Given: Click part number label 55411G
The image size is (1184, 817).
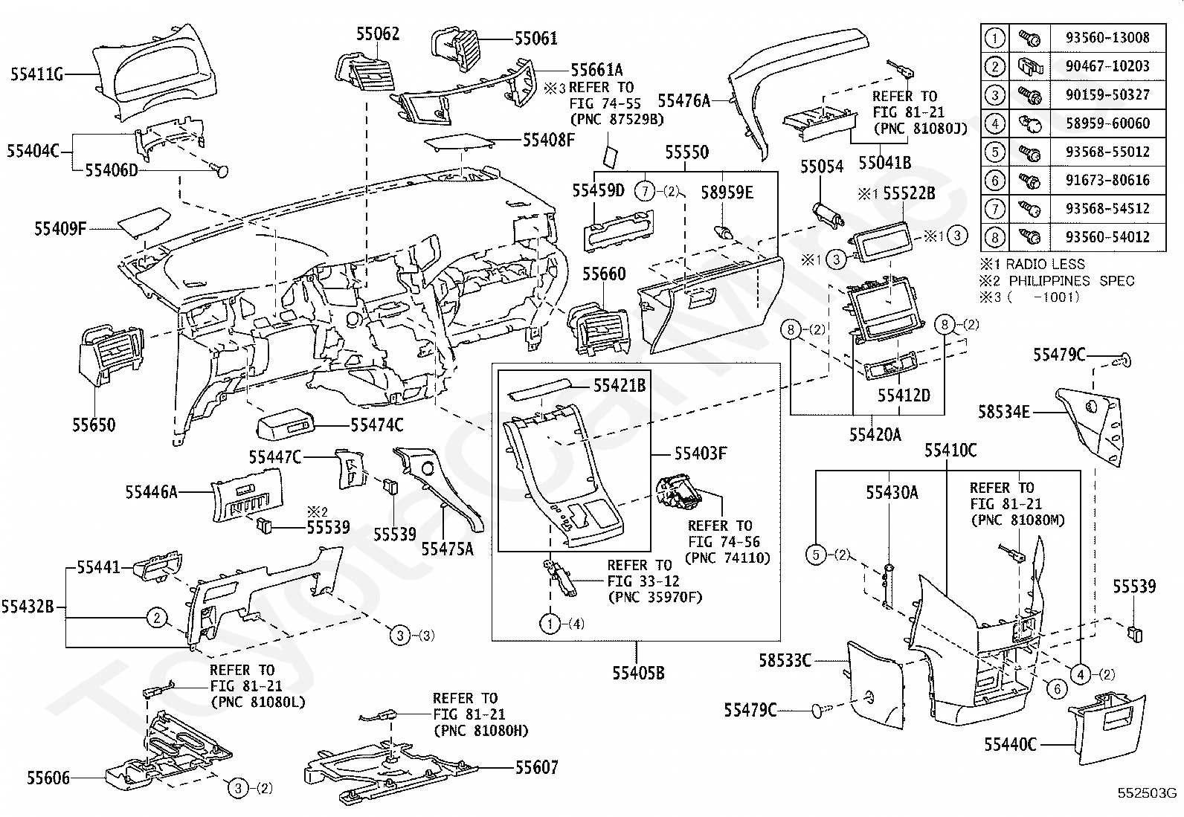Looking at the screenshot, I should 36,74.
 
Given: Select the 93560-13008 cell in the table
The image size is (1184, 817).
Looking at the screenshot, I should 1107,37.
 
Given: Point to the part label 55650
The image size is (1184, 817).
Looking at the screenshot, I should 94,425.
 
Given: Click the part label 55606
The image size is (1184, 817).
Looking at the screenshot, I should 48,778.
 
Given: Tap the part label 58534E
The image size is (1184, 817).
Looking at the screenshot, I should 1004,411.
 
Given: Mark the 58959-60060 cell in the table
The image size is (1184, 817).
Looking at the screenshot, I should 1107,123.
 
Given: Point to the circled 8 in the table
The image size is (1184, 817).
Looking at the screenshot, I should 995,238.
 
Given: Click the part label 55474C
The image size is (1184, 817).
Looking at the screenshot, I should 377,425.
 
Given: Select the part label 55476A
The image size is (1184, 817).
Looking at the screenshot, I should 684,100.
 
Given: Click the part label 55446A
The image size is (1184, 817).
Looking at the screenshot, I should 151,491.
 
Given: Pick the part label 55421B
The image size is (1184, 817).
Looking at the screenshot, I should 620,385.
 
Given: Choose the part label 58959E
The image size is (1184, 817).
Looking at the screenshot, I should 727,193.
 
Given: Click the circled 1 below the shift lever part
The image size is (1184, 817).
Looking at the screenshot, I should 550,623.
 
